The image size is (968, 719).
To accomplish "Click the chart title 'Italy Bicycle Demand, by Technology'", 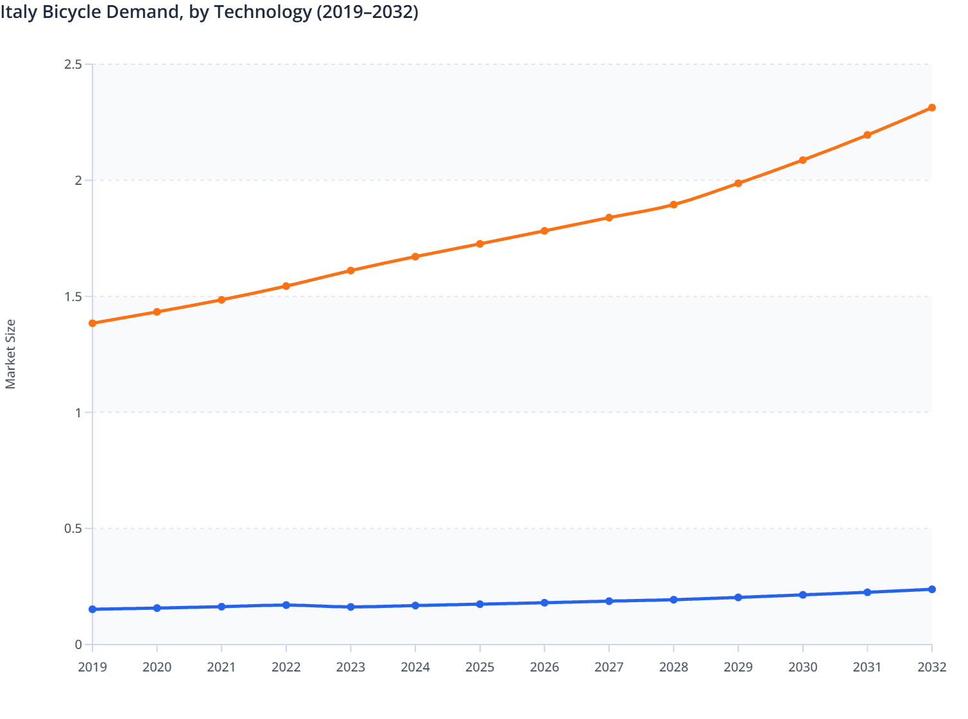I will [x=209, y=12].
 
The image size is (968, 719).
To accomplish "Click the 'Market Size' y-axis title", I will [x=10, y=354].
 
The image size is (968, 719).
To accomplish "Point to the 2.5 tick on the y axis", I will [x=73, y=64].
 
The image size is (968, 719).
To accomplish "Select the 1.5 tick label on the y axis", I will [x=73, y=297].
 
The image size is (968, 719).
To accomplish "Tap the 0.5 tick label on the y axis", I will [x=73, y=528].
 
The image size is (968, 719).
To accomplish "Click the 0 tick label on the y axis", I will [x=78, y=645].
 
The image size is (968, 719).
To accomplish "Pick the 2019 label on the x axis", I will [x=92, y=667].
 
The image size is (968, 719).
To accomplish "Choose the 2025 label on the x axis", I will [x=480, y=667].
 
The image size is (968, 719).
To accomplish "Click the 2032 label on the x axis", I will [x=931, y=667].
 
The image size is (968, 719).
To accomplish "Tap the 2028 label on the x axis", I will [x=673, y=667].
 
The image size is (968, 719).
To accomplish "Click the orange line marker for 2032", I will [x=931, y=108].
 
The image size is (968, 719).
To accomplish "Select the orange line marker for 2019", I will [x=92, y=324].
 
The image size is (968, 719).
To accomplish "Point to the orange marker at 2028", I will [x=673, y=205].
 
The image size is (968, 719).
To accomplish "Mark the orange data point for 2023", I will [x=350, y=271].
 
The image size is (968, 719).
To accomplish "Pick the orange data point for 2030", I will [x=802, y=160].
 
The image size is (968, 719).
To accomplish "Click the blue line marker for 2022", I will [x=286, y=605].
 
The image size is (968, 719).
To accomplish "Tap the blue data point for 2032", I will [x=931, y=589].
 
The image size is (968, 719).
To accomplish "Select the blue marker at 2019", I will [x=92, y=609].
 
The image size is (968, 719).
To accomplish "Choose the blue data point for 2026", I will [x=544, y=603].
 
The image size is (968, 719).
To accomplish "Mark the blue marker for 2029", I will [x=738, y=597].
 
